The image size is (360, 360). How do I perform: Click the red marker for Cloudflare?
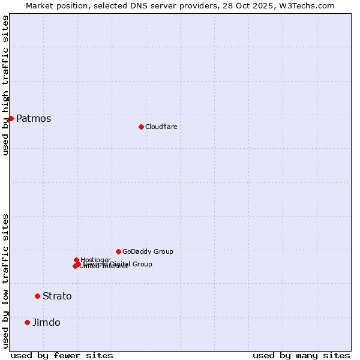(141, 127)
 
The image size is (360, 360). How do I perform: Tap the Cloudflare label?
(161, 127)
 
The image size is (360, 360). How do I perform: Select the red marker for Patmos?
(11, 118)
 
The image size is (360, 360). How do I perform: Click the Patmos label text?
(34, 119)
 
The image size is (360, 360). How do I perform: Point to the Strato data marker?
(37, 296)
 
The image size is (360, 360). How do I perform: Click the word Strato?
(57, 296)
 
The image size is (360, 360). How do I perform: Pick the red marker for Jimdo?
(27, 322)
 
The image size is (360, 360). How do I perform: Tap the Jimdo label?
(46, 323)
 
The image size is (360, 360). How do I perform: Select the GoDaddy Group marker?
(118, 251)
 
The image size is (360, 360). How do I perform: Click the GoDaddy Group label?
(148, 252)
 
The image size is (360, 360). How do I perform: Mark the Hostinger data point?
(76, 260)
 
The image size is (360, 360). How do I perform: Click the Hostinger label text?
(95, 260)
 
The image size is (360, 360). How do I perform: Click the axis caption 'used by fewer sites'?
(62, 356)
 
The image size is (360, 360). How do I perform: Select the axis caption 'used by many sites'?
(301, 356)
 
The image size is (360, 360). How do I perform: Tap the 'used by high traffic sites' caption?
(5, 85)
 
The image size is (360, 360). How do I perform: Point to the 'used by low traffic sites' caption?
(5, 281)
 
